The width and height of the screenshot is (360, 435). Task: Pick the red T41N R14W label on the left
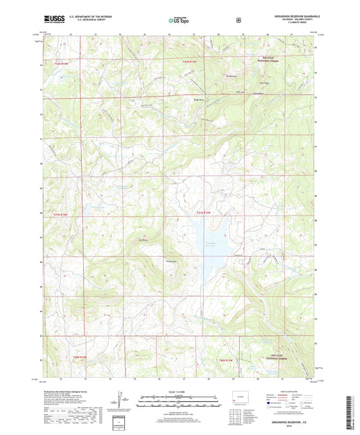tap(60, 214)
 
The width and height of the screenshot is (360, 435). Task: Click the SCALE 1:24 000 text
tap(179, 392)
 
